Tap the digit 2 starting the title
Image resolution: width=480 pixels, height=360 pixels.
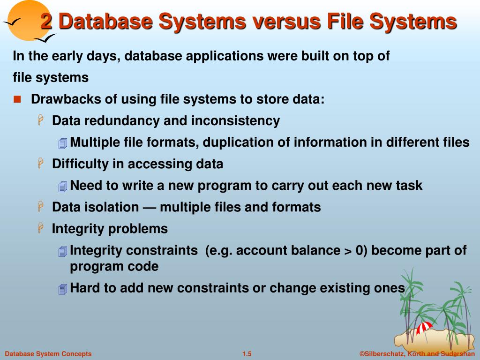(x=46, y=22)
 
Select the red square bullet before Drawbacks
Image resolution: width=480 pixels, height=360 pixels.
(x=17, y=99)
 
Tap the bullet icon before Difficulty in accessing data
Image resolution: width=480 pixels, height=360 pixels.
(x=41, y=164)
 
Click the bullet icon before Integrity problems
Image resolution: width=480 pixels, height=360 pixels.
(x=41, y=228)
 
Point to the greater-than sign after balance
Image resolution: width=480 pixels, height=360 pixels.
(x=347, y=251)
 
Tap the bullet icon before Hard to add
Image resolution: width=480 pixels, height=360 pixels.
(x=62, y=289)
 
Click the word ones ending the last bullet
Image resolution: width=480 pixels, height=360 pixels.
(x=389, y=288)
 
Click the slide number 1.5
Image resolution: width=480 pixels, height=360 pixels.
(x=247, y=354)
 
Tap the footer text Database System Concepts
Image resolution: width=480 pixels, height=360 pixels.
(x=48, y=354)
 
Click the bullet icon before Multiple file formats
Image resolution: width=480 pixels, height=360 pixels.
(x=62, y=143)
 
